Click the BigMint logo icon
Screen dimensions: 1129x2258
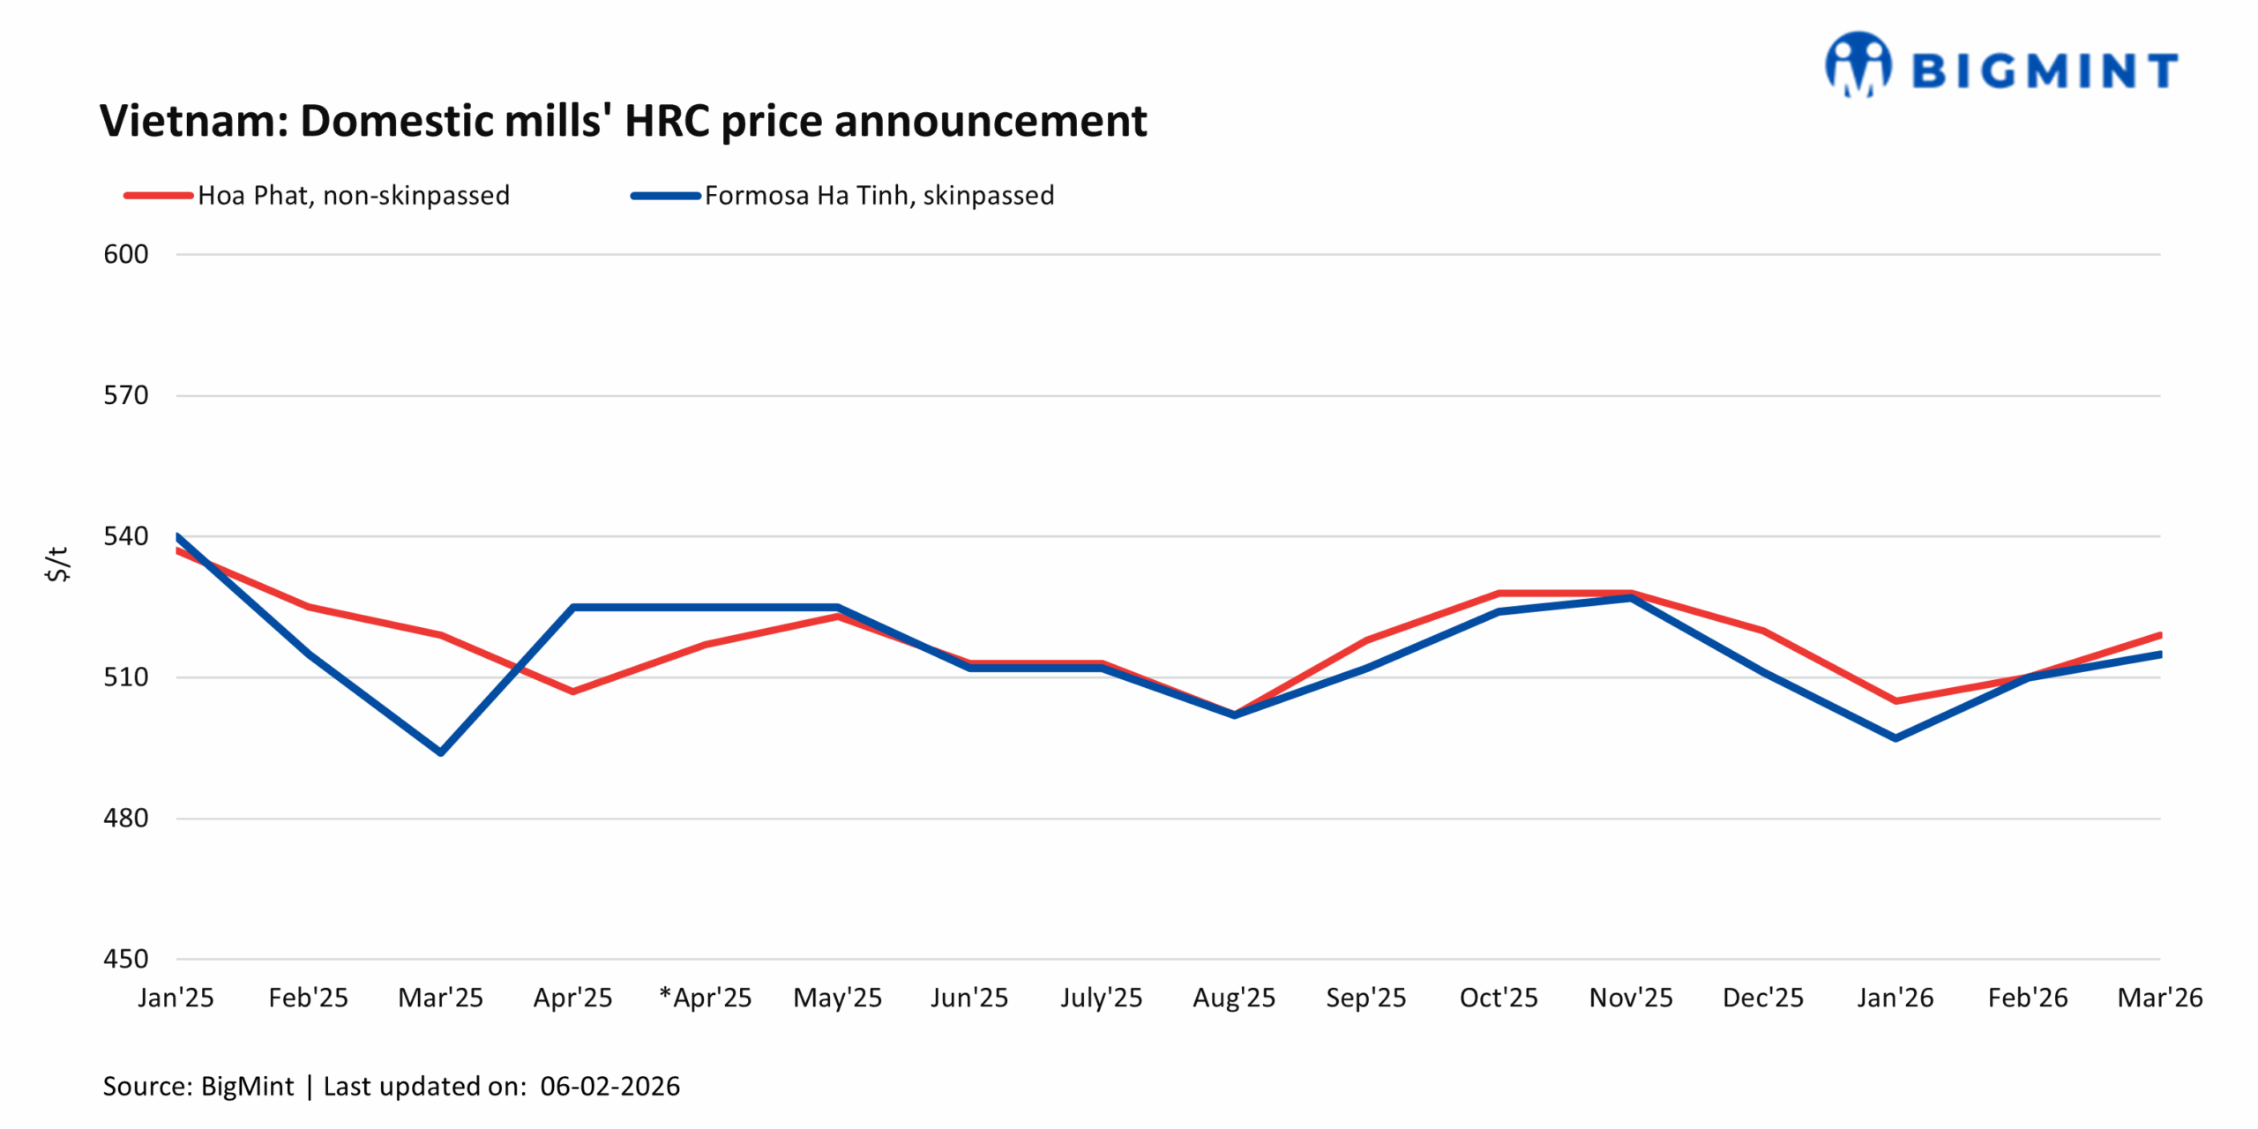(1858, 64)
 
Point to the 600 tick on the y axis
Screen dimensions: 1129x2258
(126, 254)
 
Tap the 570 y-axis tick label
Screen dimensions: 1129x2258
(126, 395)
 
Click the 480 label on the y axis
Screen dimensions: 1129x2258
(126, 818)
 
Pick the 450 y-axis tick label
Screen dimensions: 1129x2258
(126, 959)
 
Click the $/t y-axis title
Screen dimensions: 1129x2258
(57, 564)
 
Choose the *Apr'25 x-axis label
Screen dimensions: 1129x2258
(706, 998)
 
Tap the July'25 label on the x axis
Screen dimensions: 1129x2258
(1102, 998)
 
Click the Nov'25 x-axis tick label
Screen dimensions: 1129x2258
(1631, 998)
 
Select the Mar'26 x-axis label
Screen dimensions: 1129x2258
(2160, 998)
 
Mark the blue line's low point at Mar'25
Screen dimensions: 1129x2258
(441, 752)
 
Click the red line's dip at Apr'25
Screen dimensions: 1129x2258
(573, 692)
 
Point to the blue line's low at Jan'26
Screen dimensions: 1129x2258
(1895, 738)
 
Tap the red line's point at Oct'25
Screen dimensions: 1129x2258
(1499, 594)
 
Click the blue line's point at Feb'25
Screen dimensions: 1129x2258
(309, 654)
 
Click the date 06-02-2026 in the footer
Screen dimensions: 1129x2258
(609, 1086)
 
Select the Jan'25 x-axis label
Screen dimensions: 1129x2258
(176, 998)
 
